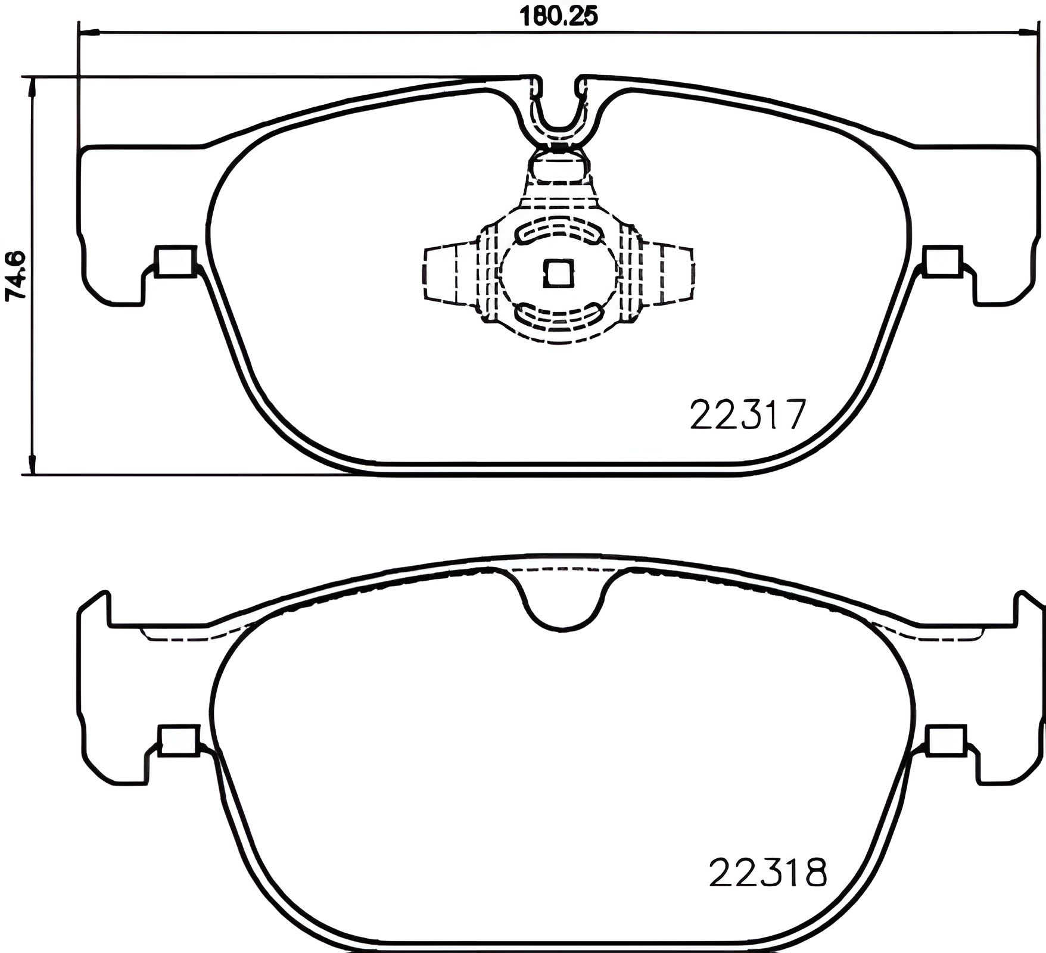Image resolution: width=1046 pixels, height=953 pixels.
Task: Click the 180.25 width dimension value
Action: pyautogui.click(x=558, y=16)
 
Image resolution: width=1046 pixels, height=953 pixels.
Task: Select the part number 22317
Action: pyautogui.click(x=748, y=415)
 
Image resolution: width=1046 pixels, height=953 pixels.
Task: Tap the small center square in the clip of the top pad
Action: pyautogui.click(x=559, y=273)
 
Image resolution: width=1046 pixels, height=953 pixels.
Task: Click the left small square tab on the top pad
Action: pyautogui.click(x=176, y=261)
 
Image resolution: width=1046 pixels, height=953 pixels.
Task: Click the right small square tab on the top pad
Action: pyautogui.click(x=942, y=261)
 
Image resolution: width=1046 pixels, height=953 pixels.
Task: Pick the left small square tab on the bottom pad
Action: pyautogui.click(x=178, y=740)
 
